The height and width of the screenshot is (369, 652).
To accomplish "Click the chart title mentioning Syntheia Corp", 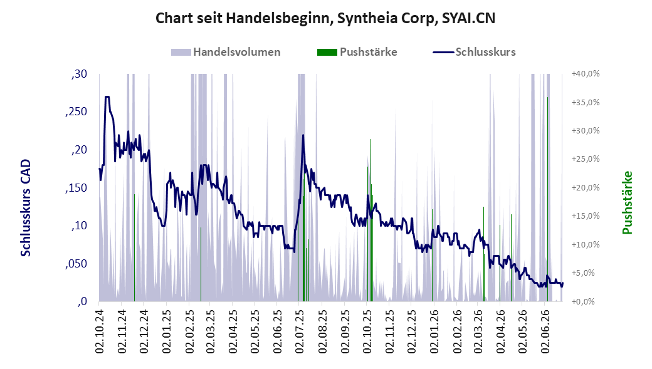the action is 325,18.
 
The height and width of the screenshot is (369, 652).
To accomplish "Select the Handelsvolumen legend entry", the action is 226,52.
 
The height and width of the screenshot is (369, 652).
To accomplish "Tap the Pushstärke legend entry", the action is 357,52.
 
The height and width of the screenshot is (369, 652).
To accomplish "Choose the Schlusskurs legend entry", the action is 475,52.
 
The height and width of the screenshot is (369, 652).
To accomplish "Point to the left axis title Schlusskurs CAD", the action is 26,208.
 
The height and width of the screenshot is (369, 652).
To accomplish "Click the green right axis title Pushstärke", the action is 627,202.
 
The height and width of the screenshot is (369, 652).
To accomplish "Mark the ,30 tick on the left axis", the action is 80,74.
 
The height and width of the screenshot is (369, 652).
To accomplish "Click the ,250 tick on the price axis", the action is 76,112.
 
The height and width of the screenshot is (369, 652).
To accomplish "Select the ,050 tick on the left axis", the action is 76,264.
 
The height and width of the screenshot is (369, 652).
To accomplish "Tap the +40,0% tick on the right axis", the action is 586,73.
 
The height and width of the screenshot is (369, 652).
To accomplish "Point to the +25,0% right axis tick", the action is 586,159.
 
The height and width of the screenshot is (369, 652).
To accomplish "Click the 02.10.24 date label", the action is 100,331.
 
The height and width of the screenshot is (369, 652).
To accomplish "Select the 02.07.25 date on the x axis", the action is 300,331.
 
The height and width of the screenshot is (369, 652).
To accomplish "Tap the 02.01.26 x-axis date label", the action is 434,331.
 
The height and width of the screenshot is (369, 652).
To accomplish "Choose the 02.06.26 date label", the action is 545,331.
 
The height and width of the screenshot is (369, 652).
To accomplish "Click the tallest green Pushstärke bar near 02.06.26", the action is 547,199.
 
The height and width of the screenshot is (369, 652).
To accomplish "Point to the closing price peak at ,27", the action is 107,97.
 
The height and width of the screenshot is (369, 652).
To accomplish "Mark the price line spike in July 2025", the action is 303,135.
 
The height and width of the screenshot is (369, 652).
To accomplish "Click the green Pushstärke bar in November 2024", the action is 134,247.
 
